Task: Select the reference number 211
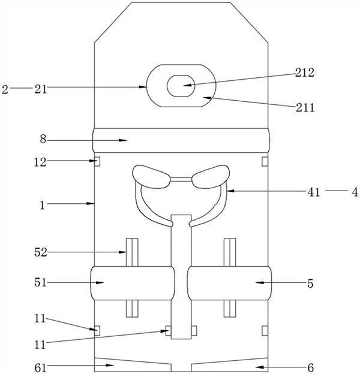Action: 305,108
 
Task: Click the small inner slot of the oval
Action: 180,86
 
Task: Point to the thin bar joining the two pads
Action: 181,179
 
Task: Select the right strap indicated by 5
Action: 228,283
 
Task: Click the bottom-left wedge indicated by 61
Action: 132,364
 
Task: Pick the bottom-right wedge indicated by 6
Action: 228,364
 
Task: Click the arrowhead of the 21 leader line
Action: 146,88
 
